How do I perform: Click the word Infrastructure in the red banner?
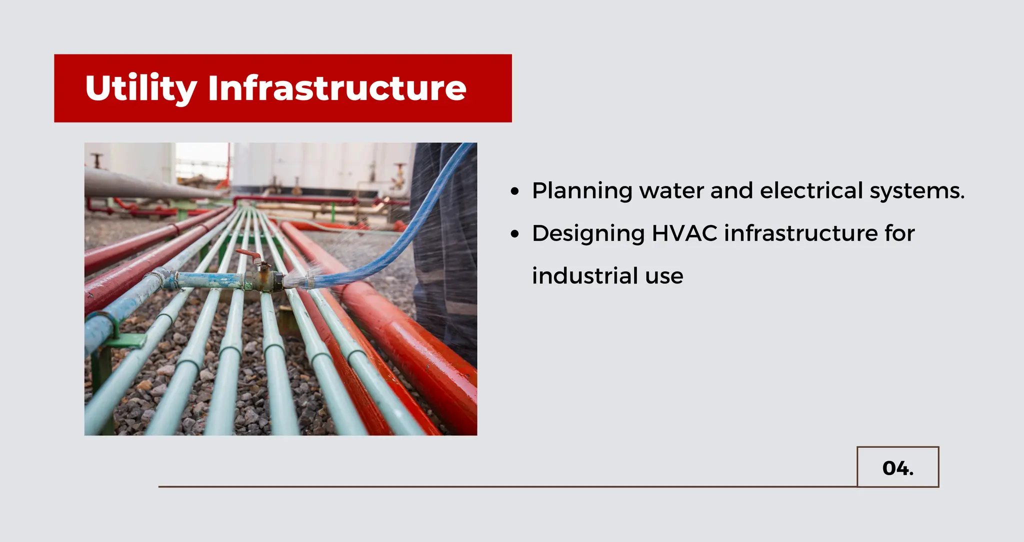[337, 88]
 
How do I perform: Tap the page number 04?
[897, 468]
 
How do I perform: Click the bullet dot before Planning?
[515, 191]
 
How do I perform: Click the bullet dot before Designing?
[515, 234]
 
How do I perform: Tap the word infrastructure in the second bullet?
[800, 233]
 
